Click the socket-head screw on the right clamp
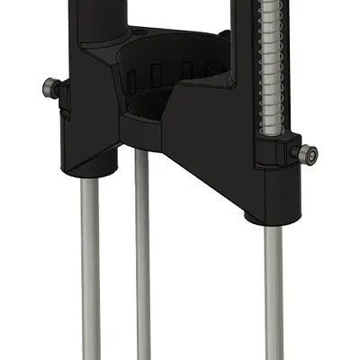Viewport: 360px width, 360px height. click(x=307, y=155)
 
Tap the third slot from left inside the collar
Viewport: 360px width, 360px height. click(x=187, y=70)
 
